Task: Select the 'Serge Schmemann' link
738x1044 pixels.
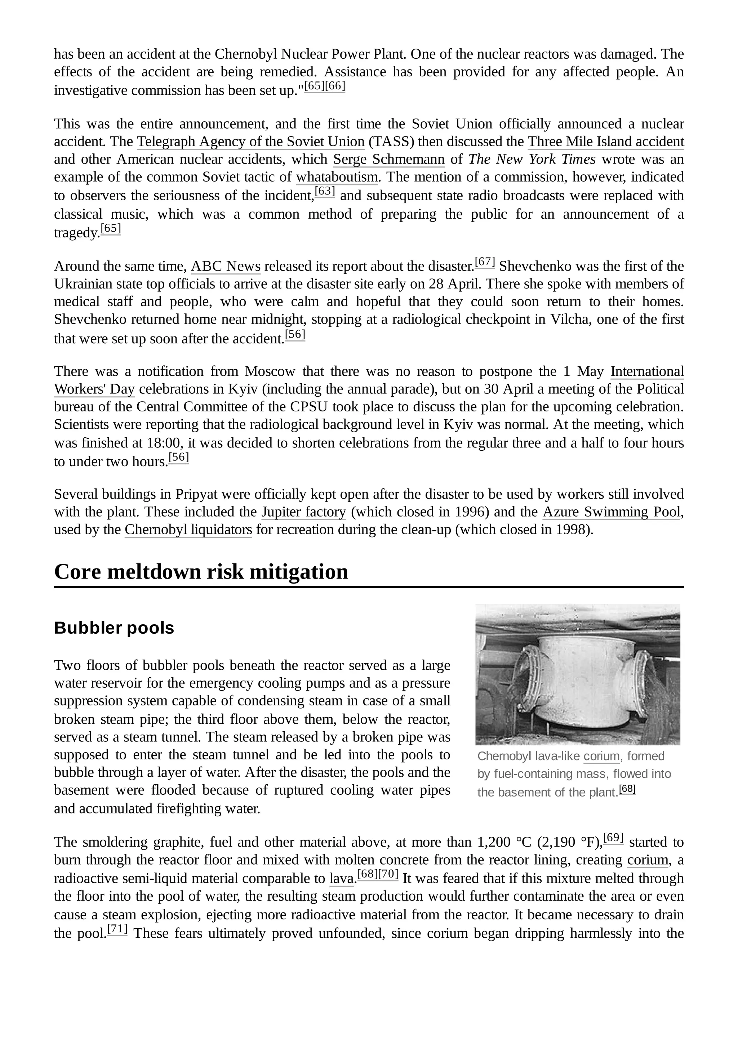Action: (389, 160)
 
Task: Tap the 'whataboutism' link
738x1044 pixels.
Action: (337, 177)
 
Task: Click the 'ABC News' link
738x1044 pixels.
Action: (226, 266)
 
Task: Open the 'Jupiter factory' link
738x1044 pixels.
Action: (303, 512)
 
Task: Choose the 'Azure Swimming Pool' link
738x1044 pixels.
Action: (611, 512)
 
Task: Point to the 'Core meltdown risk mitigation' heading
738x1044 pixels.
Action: (201, 572)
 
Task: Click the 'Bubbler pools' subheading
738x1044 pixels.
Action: (114, 628)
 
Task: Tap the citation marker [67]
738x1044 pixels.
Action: (485, 262)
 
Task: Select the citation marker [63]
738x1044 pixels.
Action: (325, 191)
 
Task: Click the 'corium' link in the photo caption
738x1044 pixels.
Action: (601, 756)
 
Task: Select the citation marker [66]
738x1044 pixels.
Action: (335, 86)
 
